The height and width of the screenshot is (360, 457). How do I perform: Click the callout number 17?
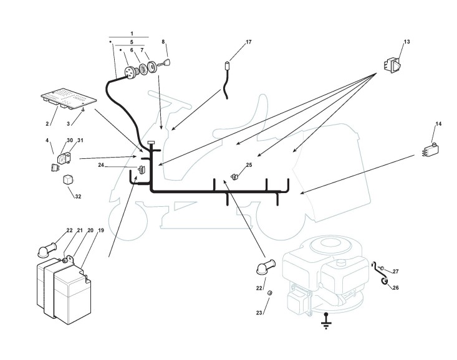[249, 42]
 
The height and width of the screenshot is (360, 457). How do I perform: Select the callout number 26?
[396, 288]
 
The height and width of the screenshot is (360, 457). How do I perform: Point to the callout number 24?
[100, 166]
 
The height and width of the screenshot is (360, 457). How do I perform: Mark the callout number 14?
[438, 124]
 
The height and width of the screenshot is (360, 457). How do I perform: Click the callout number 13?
[406, 42]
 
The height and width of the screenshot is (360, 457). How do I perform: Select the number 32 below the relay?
[78, 197]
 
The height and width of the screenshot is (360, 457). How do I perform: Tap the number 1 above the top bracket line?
[132, 32]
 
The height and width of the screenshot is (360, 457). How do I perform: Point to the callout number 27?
[395, 272]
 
